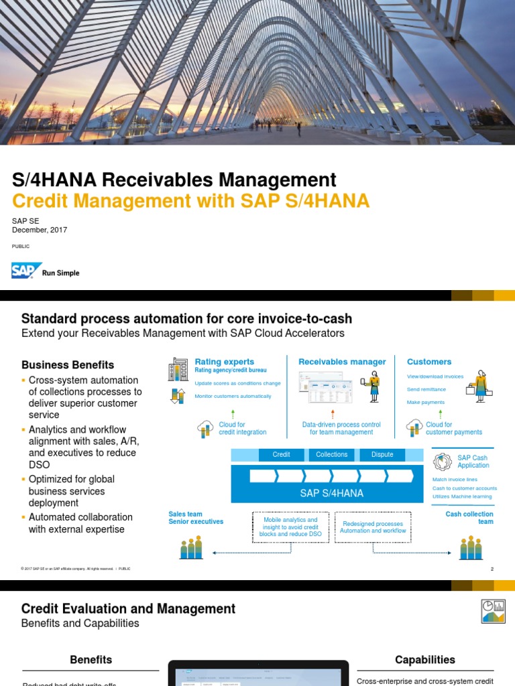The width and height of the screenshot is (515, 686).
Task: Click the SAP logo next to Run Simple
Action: click(25, 271)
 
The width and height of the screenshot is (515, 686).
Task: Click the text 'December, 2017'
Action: click(40, 230)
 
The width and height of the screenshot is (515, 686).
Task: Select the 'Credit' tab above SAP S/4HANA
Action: click(281, 455)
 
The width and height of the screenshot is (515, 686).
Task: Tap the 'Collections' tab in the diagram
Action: click(332, 455)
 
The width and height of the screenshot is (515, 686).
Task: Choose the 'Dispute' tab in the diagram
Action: click(382, 455)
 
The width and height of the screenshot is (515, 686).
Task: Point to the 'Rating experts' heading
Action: click(224, 362)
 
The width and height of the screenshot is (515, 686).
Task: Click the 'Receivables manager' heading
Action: click(342, 362)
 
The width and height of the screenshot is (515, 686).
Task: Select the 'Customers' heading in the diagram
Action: click(429, 362)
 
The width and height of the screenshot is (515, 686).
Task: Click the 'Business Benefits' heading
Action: click(68, 365)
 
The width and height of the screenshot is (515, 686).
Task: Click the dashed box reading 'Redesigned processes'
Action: click(373, 527)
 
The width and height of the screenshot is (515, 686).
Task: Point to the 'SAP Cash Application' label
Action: click(473, 462)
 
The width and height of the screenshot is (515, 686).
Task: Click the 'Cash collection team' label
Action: click(469, 518)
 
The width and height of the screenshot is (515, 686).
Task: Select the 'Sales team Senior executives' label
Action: click(196, 518)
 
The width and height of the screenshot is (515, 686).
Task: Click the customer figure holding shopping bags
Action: click(480, 386)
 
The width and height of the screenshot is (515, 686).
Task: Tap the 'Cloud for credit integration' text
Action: click(242, 429)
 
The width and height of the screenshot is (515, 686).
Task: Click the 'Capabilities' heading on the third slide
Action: click(425, 660)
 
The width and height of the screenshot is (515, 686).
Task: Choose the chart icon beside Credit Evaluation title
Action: click(494, 610)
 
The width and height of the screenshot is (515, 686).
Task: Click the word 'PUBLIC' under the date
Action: click(20, 247)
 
